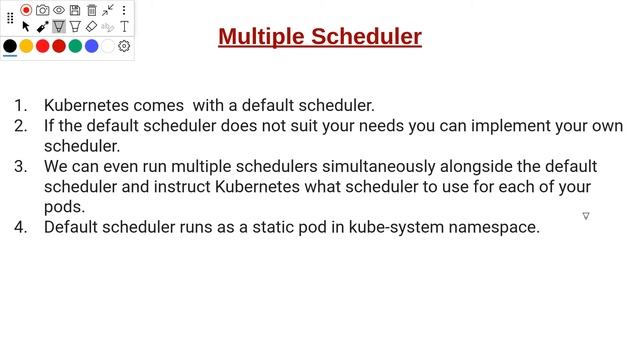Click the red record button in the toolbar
[26, 10]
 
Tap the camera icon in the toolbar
[42, 10]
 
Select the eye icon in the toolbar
[58, 10]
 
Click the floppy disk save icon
[75, 10]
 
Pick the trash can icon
[91, 10]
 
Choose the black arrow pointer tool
[26, 27]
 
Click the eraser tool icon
[91, 27]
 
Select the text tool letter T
[124, 27]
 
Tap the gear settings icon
[124, 46]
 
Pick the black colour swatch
[10, 46]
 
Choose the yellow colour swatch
[27, 46]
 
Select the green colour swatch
[75, 46]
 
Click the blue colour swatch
[92, 46]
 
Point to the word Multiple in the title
[261, 37]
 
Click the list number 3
[20, 166]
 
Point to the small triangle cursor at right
[586, 216]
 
